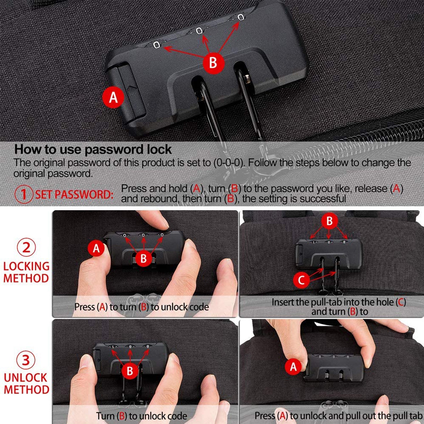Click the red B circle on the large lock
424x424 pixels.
[213, 63]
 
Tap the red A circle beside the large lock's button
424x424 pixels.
[113, 97]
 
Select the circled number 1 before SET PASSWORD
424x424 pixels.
[24, 194]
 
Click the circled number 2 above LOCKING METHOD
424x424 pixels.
[26, 248]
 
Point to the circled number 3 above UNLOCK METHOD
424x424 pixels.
[26, 360]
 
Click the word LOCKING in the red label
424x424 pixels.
[26, 266]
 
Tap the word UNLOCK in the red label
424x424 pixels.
[26, 378]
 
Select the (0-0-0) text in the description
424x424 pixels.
[229, 163]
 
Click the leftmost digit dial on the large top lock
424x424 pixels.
[156, 45]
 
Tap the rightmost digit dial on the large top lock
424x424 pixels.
[241, 17]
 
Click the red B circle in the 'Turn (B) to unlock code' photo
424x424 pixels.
[130, 371]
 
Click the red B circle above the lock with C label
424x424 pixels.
[330, 221]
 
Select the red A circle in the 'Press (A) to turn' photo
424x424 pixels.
[96, 249]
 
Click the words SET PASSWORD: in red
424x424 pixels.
[75, 195]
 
